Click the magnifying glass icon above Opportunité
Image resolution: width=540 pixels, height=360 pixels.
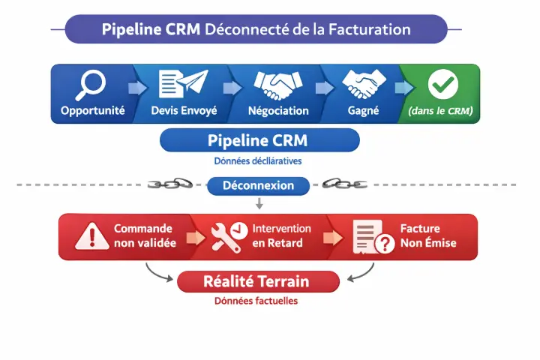[x=92, y=85]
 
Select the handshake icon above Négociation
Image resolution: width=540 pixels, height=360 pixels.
[x=277, y=85]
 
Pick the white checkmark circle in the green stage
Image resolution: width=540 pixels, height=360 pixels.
[x=442, y=85]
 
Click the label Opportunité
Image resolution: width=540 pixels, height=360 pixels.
[x=93, y=111]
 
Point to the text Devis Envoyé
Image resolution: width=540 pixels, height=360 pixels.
[x=184, y=111]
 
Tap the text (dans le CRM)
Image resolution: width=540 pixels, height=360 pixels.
[x=441, y=111]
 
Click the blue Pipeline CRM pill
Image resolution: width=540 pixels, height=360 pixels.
[x=259, y=140]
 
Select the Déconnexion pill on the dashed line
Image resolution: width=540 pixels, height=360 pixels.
[x=258, y=185]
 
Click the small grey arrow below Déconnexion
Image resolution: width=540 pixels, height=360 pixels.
[x=259, y=203]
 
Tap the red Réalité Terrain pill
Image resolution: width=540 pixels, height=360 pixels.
[x=258, y=282]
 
